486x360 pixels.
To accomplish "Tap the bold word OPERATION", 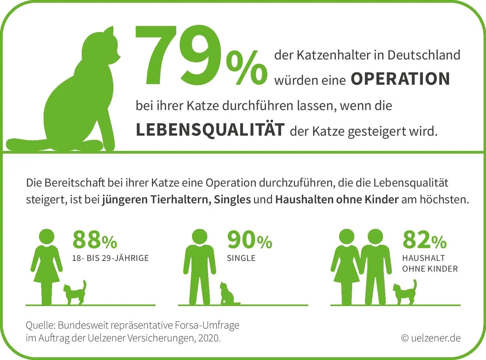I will pos(400,79).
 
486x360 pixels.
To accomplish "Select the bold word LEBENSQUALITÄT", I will pos(210,130).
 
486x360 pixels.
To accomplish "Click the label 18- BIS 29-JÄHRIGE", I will pos(110,258).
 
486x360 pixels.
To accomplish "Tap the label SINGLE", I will pos(241,258).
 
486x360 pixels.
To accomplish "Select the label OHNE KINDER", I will pos(430,269).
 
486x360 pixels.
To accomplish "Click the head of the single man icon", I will pos(200,237).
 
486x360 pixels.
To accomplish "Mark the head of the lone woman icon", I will pos(47,237).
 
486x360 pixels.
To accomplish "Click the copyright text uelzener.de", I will pos(431,338).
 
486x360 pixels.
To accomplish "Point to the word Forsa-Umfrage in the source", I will pos(207,325).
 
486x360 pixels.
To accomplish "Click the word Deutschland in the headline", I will pos(424,55).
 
